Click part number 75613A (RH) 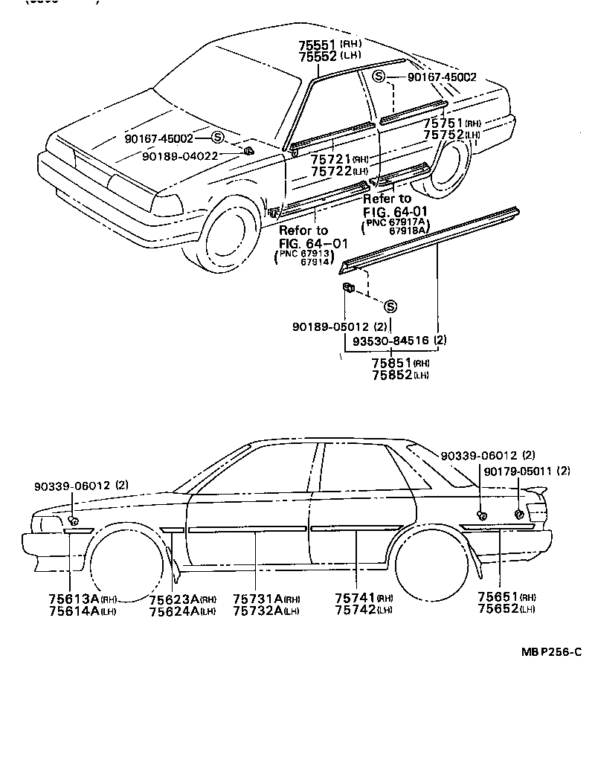74,599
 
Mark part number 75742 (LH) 354,611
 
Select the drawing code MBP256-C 550,652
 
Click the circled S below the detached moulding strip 390,306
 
